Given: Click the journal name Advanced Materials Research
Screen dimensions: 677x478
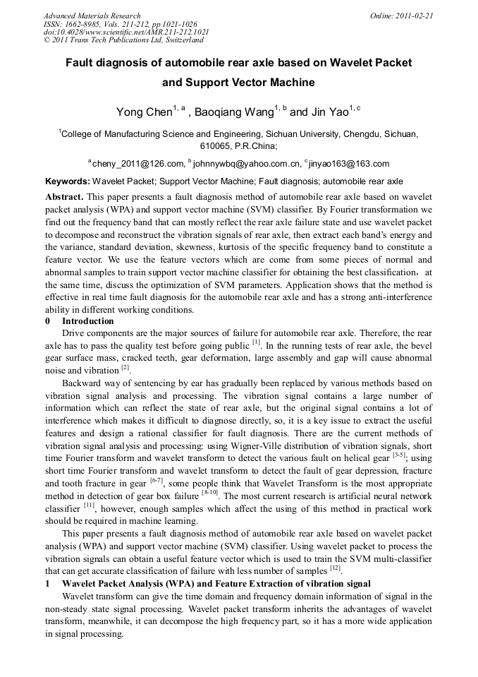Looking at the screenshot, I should coord(92,16).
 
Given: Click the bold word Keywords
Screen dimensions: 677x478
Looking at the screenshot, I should coord(67,181).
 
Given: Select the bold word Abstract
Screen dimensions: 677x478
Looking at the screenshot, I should coord(65,197).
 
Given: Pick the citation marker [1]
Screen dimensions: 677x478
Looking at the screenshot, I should coord(257,342).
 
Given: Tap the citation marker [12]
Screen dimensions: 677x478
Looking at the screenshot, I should coord(336,568).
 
